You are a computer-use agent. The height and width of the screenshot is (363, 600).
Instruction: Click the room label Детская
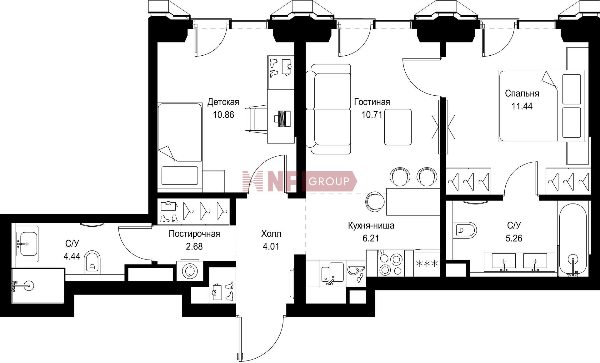(x=223, y=102)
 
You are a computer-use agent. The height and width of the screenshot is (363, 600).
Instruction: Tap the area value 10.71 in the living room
(x=372, y=115)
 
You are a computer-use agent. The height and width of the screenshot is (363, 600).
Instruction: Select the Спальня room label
(x=522, y=93)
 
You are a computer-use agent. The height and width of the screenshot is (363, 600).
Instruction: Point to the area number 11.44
(x=522, y=106)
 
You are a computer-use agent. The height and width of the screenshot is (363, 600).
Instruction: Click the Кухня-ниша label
(x=371, y=225)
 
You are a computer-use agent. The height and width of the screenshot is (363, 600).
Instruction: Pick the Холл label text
(x=271, y=234)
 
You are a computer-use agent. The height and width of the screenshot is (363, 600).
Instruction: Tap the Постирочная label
(x=194, y=234)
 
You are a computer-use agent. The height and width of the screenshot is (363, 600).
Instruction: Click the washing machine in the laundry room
(x=190, y=271)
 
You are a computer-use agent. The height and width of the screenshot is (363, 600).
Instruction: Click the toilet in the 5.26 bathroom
(x=465, y=231)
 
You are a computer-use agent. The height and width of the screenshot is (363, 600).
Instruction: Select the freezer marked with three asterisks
(x=427, y=264)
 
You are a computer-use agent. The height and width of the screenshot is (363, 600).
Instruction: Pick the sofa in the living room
(x=328, y=109)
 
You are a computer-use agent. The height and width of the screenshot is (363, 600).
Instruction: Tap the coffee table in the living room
(x=398, y=127)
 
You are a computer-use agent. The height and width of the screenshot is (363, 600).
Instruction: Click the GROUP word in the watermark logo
(x=329, y=181)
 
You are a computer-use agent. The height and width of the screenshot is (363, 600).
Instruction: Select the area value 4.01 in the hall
(x=271, y=246)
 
